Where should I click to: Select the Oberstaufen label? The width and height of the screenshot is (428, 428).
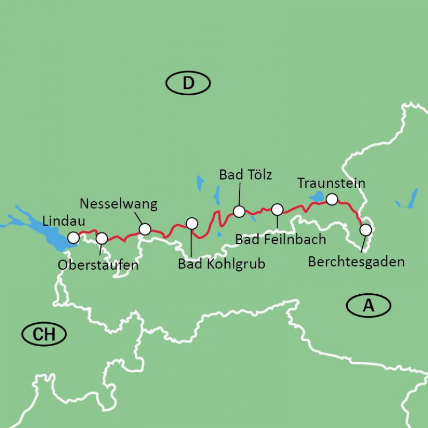point(97,265)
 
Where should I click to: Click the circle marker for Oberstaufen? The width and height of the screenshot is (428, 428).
point(102,238)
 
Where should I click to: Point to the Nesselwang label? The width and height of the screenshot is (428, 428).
point(118,204)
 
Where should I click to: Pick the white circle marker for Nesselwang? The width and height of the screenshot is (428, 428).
point(145,229)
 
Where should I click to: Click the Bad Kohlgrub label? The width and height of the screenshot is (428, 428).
point(221,264)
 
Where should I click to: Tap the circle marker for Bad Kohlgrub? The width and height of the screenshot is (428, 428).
point(192,223)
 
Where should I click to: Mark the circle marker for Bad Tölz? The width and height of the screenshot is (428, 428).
point(239,211)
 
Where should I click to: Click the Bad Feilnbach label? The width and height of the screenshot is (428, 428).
point(280,239)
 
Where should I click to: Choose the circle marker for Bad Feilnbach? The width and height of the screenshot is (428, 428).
point(277,209)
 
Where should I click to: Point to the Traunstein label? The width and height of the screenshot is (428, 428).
point(331,184)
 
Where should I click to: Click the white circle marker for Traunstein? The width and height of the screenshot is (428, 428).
point(332,200)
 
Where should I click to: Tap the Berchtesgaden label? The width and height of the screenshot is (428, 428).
point(356,262)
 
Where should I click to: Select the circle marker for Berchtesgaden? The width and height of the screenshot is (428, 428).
point(365,230)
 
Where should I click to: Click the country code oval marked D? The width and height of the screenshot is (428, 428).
point(188,83)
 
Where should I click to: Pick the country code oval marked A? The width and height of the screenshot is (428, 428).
point(368,305)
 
